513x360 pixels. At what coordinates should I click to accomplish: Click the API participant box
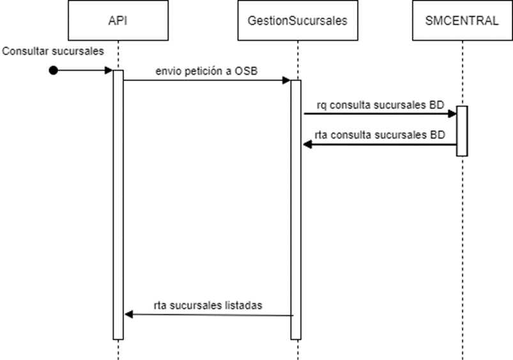[118, 20]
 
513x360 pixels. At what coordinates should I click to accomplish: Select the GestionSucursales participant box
[297, 20]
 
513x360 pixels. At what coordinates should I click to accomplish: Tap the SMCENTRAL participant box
[462, 20]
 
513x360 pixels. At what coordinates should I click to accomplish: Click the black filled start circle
[54, 70]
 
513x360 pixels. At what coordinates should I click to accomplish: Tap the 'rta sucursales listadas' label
[208, 306]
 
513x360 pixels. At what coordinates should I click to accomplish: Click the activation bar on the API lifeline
[118, 204]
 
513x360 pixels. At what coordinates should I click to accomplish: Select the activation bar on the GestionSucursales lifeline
[296, 211]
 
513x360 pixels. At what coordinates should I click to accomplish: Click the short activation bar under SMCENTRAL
[462, 131]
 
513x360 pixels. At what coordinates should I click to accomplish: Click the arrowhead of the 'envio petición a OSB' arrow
[287, 80]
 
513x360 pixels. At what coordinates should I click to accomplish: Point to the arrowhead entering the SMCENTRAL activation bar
[452, 114]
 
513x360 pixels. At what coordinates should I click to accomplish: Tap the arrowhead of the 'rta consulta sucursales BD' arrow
[307, 145]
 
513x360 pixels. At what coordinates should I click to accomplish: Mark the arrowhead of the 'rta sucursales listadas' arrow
[128, 315]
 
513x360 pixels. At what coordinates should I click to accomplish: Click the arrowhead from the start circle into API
[109, 70]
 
